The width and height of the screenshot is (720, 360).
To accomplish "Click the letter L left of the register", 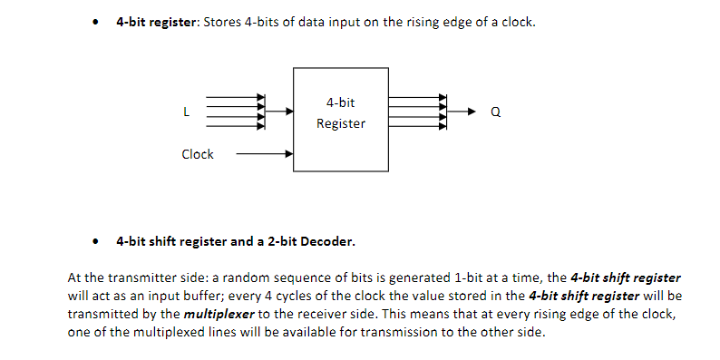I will click(186, 113).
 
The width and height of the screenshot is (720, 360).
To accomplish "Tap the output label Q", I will click(494, 113).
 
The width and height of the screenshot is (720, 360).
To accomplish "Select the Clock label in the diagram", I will click(198, 154).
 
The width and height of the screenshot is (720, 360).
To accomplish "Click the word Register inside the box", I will click(341, 123).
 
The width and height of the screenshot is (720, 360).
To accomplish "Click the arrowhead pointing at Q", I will click(471, 112).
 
